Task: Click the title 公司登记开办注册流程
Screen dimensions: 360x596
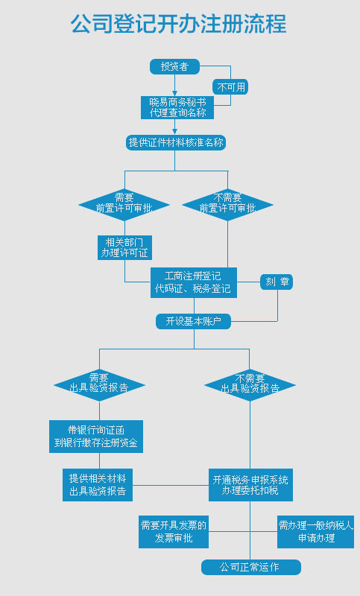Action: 178,24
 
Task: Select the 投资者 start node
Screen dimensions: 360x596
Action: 175,66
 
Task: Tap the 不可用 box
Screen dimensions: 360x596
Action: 230,87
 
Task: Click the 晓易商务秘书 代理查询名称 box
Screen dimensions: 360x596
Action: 177,107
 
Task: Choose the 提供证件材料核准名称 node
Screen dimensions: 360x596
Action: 176,143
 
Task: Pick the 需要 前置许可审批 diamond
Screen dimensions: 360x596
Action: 124,205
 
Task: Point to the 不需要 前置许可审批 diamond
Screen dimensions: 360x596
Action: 228,205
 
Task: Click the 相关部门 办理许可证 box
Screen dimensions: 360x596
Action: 124,248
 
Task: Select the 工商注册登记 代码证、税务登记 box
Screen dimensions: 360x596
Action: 194,283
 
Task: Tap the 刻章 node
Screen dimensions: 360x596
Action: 277,282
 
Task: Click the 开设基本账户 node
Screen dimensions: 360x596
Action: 194,322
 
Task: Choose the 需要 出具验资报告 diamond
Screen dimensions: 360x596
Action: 100,385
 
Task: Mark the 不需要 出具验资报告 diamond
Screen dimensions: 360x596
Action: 250,385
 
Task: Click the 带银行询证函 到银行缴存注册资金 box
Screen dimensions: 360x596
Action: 96,437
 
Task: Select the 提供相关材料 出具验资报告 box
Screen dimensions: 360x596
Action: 98,485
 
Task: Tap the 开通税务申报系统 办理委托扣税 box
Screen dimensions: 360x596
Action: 250,485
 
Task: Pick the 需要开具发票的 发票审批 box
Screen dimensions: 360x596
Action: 174,532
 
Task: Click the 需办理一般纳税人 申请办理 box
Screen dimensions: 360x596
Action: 316,532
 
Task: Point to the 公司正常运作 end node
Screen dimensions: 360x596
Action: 251,567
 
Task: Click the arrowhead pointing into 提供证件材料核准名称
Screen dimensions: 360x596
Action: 175,132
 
